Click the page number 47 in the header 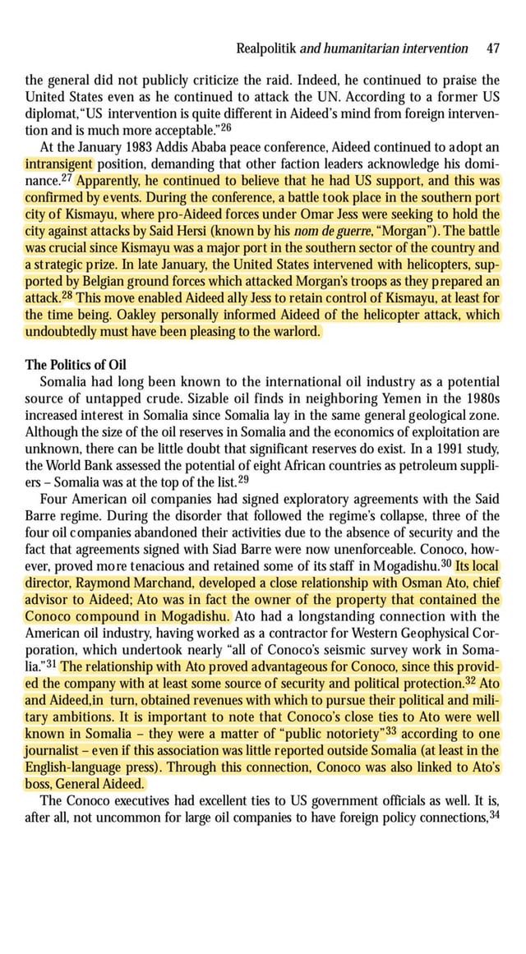[493, 48]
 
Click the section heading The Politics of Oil [76, 365]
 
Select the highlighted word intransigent [62, 163]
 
